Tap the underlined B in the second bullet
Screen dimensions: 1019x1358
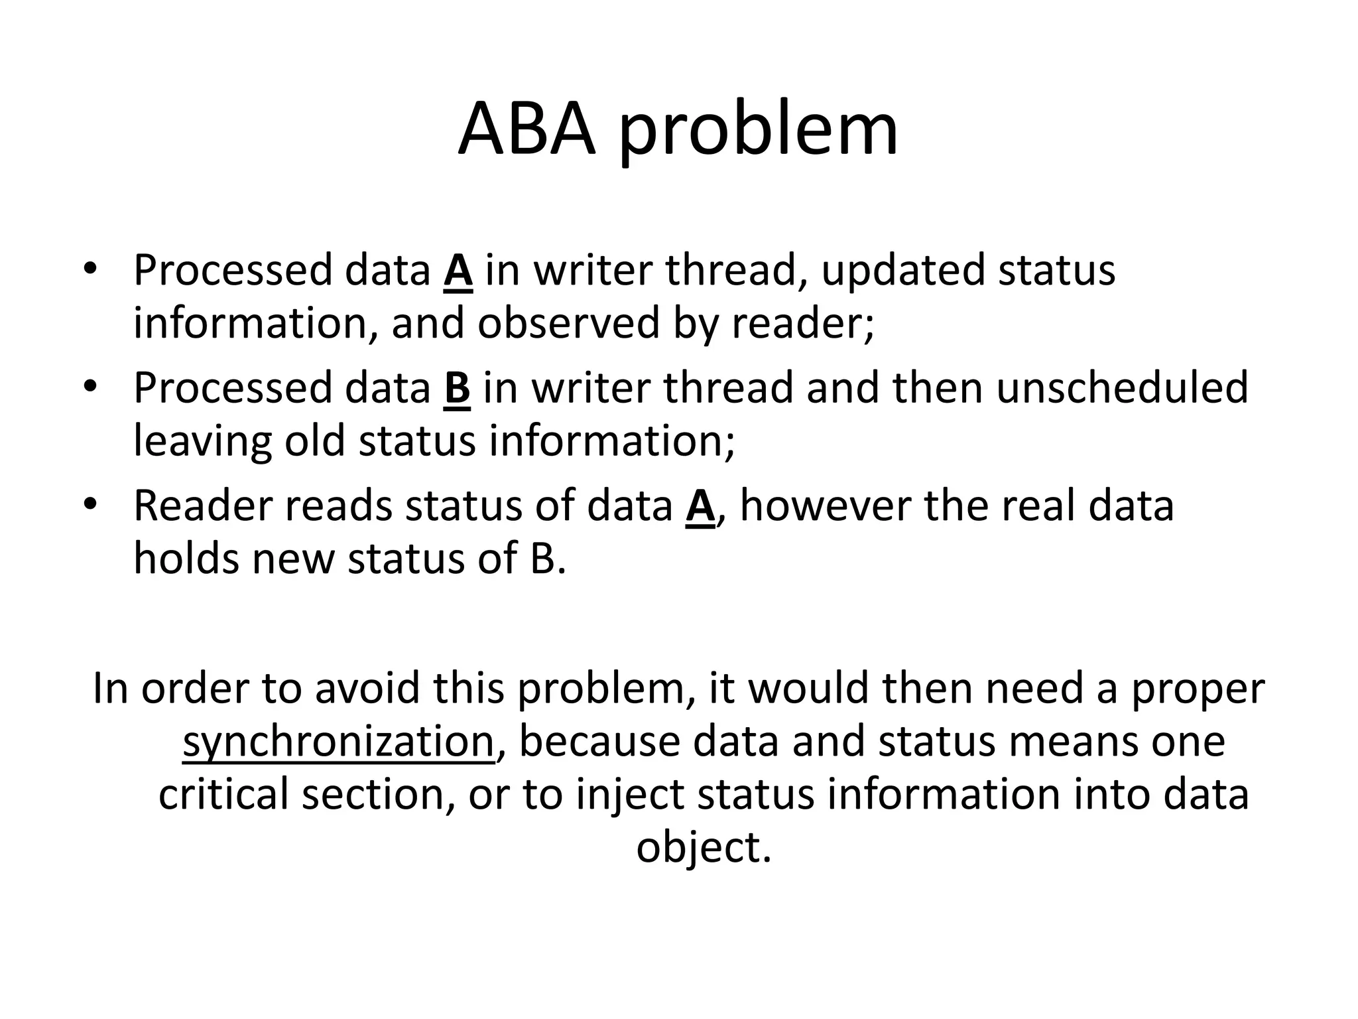coord(457,388)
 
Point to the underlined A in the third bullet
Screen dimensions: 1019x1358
coord(700,506)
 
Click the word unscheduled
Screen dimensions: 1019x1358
coord(1122,388)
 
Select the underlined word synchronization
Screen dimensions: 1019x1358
coord(338,742)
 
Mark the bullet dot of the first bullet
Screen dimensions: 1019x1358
coord(90,269)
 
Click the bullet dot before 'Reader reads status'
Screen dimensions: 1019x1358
coord(90,504)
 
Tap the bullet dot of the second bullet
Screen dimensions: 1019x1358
coord(90,386)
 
